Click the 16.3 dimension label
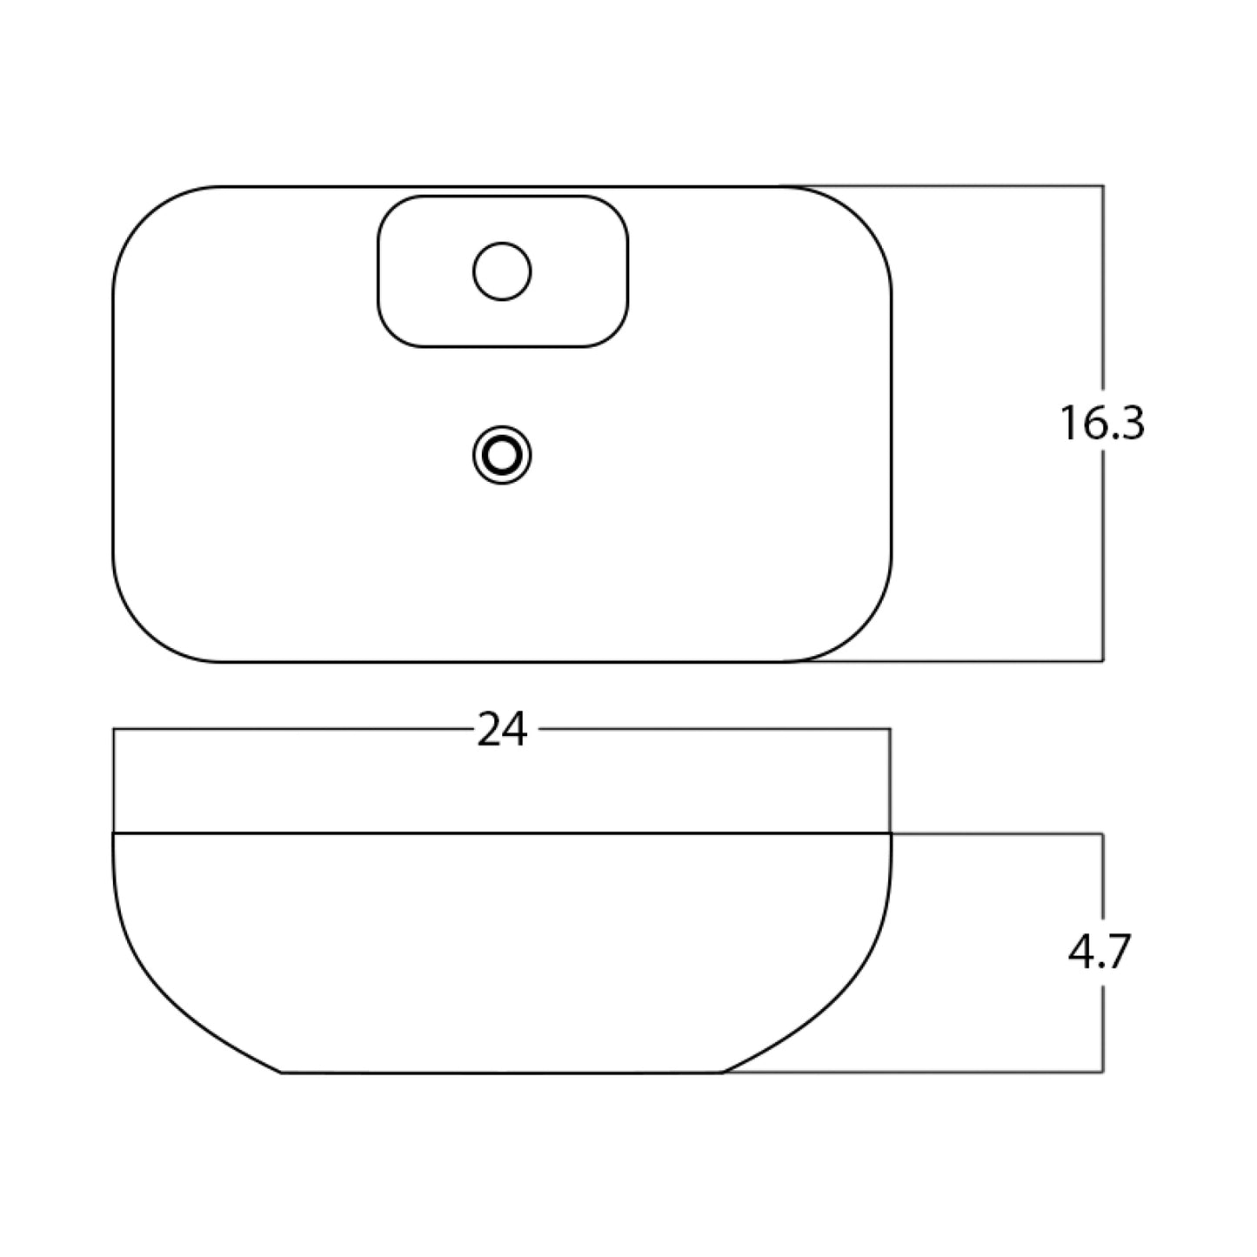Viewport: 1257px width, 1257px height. click(1101, 424)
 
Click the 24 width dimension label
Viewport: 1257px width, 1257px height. click(502, 730)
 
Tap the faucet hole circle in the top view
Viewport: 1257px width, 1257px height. click(502, 271)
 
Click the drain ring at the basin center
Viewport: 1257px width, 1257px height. click(502, 454)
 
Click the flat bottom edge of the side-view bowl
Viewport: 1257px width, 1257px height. click(502, 1073)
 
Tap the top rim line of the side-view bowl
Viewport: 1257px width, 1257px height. click(502, 833)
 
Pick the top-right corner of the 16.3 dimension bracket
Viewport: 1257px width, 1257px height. click(1103, 186)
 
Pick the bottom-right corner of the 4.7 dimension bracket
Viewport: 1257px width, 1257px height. click(1103, 1072)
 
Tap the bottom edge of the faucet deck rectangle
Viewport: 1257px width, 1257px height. click(502, 347)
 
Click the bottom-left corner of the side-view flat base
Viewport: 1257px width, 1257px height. click(282, 1072)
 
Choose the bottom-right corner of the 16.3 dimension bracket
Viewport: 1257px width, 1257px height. click(1103, 661)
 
